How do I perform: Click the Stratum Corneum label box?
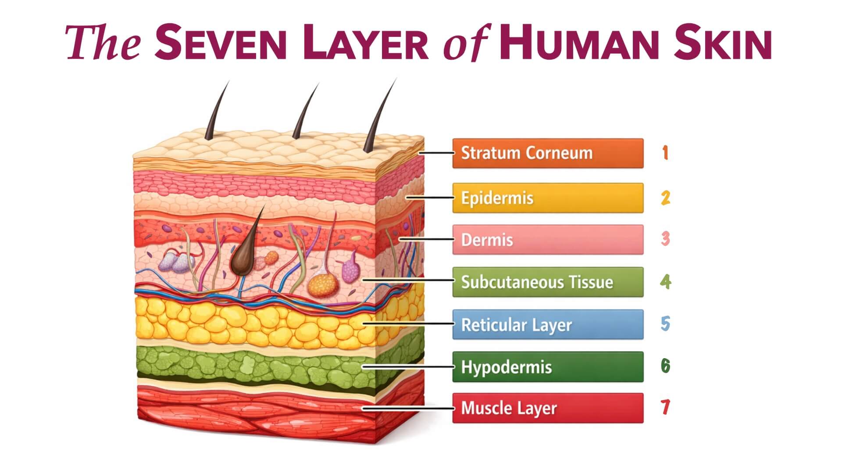(x=548, y=153)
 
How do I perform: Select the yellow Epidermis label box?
(x=548, y=198)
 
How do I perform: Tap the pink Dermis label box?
(x=548, y=240)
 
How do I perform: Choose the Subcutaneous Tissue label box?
(x=548, y=282)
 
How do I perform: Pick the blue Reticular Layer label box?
(x=548, y=324)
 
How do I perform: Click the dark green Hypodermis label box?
(x=548, y=366)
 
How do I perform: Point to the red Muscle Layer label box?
(x=548, y=408)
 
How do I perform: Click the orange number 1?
(x=665, y=153)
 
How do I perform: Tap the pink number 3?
(x=665, y=239)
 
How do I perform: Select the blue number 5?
(x=665, y=324)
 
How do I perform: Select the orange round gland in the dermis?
(x=323, y=284)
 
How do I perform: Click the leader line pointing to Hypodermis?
(x=408, y=366)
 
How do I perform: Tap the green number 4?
(x=665, y=281)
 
